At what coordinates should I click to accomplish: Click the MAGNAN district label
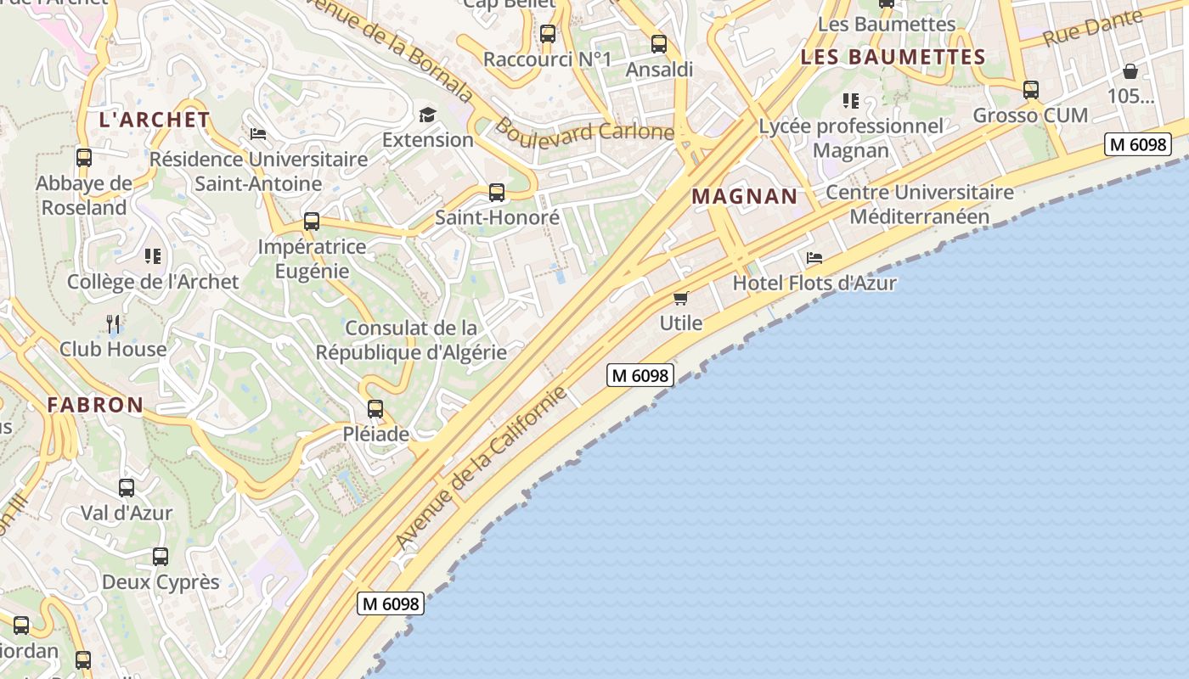745,197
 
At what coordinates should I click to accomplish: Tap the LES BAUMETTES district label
893,58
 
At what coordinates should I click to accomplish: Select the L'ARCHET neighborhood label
155,120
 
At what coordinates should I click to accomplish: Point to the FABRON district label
95,405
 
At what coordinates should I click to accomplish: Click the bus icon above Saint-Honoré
497,193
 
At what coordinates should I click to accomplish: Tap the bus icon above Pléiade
375,409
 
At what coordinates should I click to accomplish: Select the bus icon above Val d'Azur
127,488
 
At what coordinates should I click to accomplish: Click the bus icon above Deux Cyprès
161,557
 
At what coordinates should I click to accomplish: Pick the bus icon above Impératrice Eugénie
312,222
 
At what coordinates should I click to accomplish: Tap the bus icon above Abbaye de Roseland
84,157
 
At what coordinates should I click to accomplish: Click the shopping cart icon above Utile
680,298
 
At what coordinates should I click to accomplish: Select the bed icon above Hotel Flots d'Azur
814,257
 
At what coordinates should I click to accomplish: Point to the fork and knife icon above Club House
113,323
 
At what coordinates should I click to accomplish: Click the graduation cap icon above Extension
427,115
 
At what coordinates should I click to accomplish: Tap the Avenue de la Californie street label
481,468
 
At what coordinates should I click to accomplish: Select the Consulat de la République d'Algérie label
411,340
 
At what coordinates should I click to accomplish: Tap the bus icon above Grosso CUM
1031,89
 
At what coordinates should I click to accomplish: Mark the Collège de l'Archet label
153,282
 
